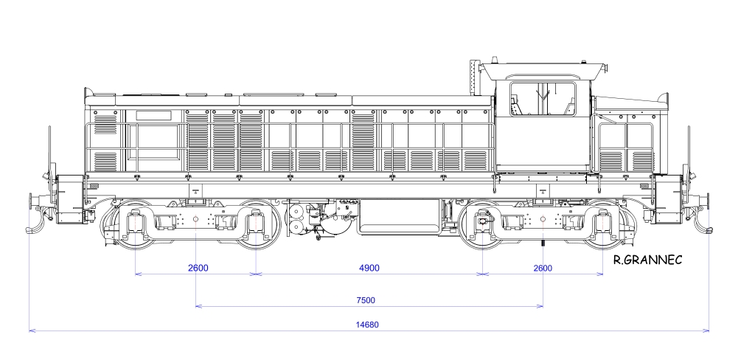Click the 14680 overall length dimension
[x=369, y=325]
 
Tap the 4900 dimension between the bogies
[x=369, y=268]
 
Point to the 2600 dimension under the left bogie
[x=198, y=268]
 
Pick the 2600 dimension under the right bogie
[x=542, y=268]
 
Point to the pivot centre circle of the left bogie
[x=195, y=219]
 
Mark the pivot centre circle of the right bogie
[x=543, y=219]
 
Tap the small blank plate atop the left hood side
[x=153, y=115]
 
